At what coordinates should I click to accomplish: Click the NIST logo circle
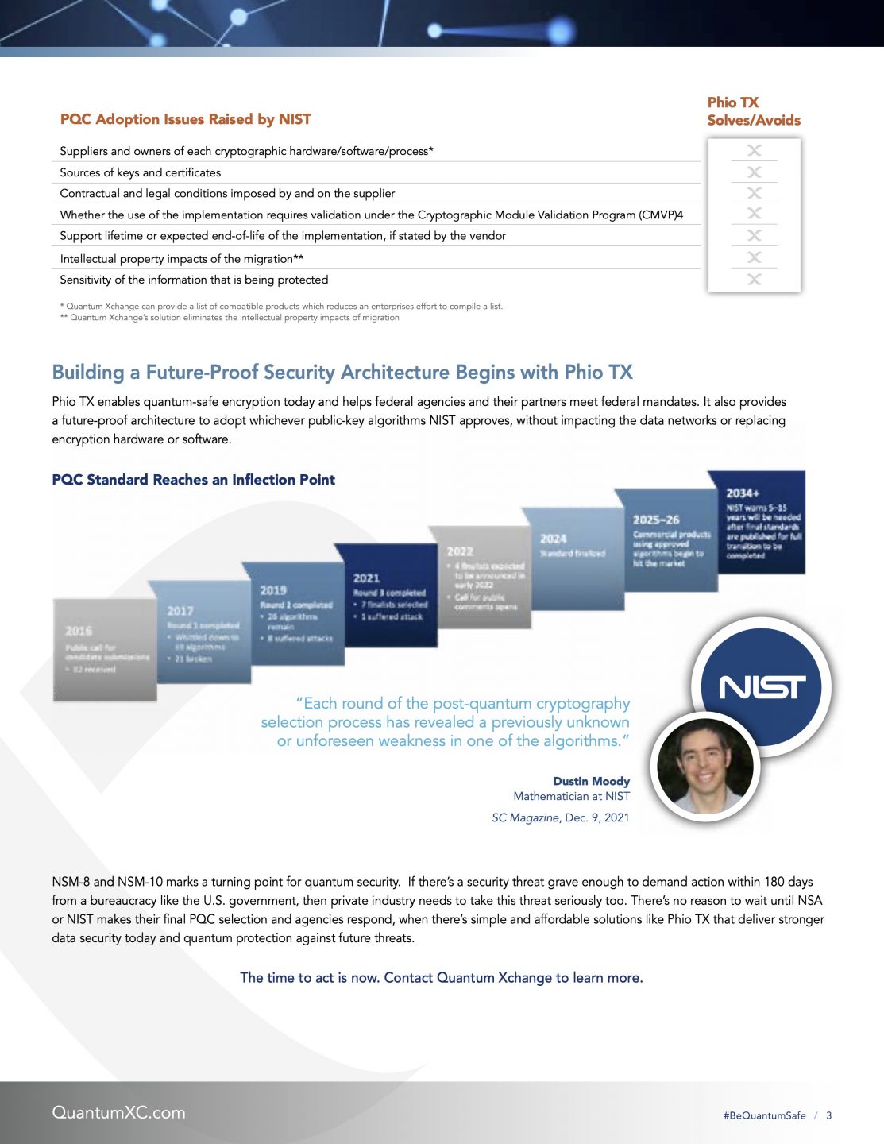tap(761, 686)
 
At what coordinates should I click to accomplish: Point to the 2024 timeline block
tap(572, 556)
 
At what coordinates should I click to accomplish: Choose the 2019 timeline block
tap(295, 613)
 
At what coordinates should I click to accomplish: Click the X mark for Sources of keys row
tap(754, 172)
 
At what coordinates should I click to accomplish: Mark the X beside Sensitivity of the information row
tap(754, 280)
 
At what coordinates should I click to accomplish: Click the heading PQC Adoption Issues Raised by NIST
tap(186, 119)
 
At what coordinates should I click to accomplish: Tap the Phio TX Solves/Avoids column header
tap(753, 111)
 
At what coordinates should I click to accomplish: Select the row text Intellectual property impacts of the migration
tap(181, 259)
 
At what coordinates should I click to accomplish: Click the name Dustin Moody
tap(591, 781)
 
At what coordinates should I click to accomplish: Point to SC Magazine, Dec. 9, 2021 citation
tap(560, 817)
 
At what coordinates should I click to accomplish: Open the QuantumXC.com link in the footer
tap(118, 1112)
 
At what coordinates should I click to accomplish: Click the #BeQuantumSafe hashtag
tap(764, 1115)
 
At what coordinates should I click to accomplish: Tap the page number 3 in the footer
tap(828, 1115)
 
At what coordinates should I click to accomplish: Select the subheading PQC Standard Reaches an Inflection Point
tap(193, 480)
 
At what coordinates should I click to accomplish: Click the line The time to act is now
tap(441, 977)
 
